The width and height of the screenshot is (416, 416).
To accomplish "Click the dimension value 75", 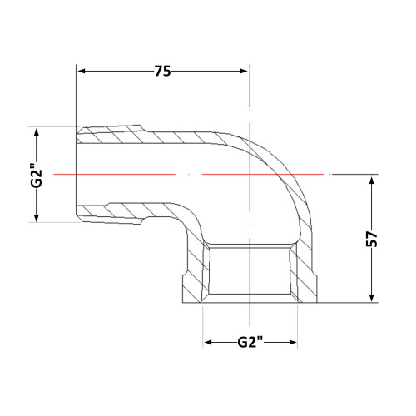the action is [162, 72].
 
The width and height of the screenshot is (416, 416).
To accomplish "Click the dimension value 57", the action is [372, 239].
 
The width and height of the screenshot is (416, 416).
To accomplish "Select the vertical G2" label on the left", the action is [37, 176].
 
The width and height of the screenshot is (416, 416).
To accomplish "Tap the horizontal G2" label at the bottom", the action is [250, 342].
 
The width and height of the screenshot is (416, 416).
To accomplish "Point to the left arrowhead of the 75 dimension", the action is [82, 72].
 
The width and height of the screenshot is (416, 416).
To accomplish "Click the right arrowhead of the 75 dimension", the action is [244, 72].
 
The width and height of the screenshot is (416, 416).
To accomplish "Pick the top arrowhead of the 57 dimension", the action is [372, 180].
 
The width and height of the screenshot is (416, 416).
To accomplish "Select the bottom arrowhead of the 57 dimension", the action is [372, 298].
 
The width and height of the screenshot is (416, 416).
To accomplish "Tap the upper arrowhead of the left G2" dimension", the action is [37, 132].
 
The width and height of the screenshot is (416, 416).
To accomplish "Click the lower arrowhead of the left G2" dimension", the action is [37, 218].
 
